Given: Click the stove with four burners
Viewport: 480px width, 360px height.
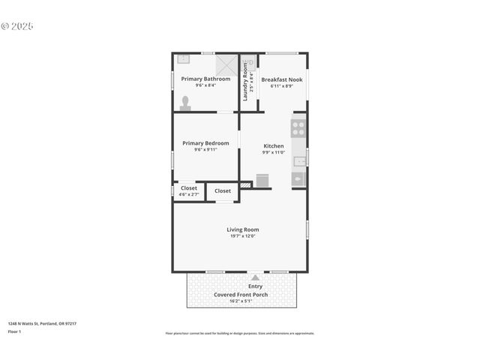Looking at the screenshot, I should (298, 128).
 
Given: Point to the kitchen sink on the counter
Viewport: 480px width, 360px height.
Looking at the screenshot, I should (299, 160).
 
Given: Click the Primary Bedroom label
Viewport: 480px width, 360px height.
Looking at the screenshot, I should (205, 142).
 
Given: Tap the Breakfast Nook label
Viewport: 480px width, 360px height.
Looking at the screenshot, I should (282, 79).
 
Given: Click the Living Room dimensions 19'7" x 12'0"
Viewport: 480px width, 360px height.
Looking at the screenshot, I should (243, 236).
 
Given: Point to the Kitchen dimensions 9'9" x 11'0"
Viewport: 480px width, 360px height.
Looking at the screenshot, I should (273, 152).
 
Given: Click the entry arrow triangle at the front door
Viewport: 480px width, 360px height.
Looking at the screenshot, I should (255, 277).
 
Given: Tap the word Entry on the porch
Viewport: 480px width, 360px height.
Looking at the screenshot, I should (255, 286).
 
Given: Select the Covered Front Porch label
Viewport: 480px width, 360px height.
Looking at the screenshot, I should (241, 295).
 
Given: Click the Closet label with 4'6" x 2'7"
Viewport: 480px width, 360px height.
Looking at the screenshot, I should (188, 188).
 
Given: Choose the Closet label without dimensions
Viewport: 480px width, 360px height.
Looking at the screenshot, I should (223, 191).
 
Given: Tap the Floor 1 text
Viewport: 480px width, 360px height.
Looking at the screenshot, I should (14, 331).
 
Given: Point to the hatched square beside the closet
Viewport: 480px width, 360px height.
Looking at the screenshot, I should (245, 184).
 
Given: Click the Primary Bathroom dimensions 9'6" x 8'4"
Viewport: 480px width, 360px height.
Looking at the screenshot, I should (206, 85).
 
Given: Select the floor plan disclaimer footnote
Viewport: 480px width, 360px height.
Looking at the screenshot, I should (240, 333).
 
